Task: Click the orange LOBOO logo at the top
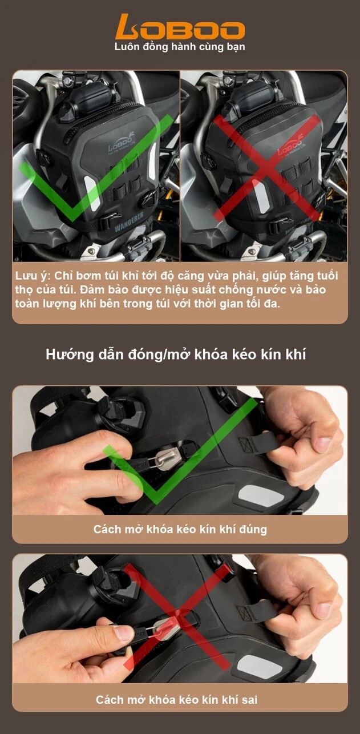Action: (x=180, y=27)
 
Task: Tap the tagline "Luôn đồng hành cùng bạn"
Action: (x=180, y=47)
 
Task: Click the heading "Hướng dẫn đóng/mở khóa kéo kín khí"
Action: (x=176, y=354)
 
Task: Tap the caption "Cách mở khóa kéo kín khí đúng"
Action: (x=180, y=529)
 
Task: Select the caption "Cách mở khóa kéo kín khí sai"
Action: (x=180, y=699)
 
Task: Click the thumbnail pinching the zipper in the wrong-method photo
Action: (x=123, y=632)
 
